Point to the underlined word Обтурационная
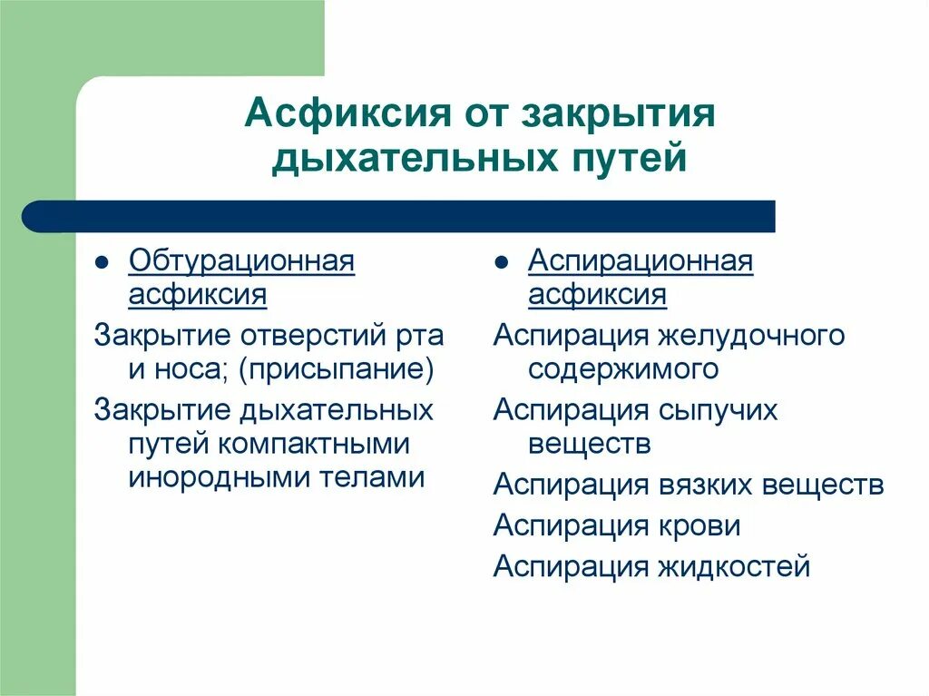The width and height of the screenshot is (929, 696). [241, 261]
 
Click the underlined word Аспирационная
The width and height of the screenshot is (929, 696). [641, 261]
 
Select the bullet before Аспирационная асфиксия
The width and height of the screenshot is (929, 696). [502, 263]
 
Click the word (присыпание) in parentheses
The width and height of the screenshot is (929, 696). [337, 369]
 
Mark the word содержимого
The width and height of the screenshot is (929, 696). [623, 369]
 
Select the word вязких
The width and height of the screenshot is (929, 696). [700, 485]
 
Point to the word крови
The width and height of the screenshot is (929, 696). [698, 526]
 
